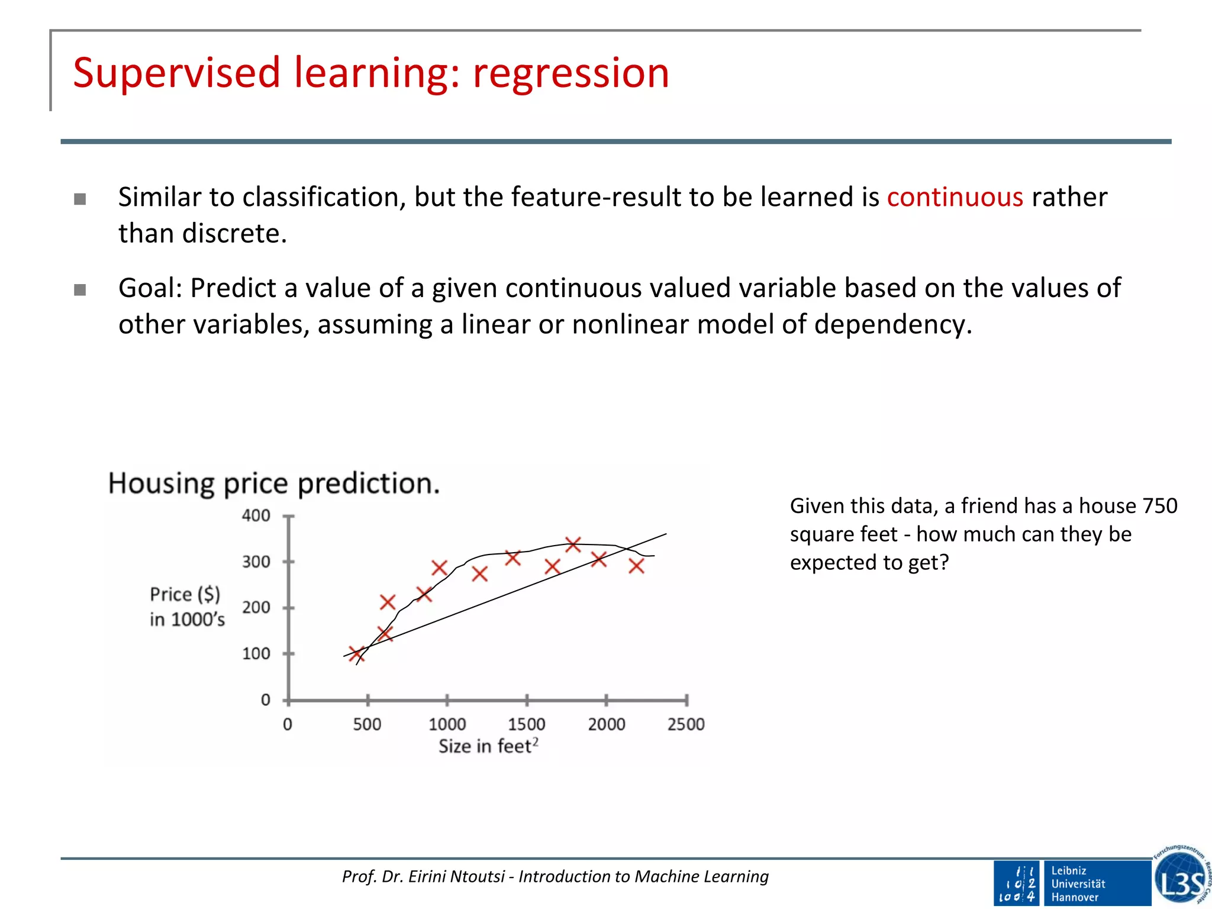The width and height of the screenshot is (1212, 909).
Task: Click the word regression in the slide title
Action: coord(570,73)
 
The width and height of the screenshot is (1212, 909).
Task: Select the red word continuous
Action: coord(955,197)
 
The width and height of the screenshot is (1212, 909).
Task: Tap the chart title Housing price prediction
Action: coord(274,483)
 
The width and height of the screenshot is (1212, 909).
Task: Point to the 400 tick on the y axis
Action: coord(256,515)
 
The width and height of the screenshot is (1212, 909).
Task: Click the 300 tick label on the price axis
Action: coord(256,562)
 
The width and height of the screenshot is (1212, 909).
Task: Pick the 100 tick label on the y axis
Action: coord(256,654)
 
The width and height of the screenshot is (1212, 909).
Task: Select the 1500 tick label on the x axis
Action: coord(526,724)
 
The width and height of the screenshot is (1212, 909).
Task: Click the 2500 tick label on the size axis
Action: coord(686,724)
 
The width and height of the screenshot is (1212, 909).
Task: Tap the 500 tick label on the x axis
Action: coord(367,724)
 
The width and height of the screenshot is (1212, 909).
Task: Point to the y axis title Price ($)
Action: coord(185,594)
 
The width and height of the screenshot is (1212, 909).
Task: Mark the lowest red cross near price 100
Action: coord(356,654)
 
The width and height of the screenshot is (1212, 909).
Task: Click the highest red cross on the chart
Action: coord(573,544)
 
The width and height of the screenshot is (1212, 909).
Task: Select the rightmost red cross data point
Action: coord(636,566)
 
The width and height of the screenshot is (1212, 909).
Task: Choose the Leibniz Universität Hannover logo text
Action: coord(1078,884)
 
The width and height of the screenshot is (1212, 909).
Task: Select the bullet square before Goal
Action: coord(80,290)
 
